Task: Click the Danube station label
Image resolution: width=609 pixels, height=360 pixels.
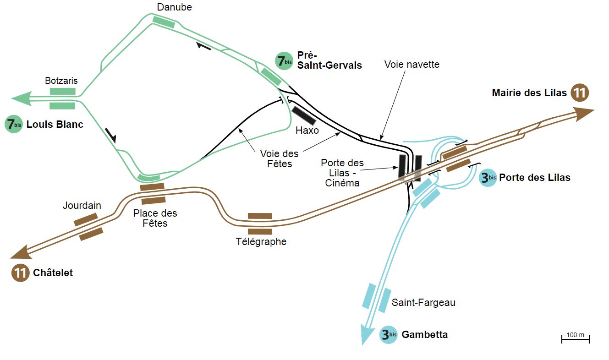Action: point(174,7)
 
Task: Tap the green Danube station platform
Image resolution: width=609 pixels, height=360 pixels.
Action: point(164,22)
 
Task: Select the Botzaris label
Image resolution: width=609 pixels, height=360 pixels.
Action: point(61,81)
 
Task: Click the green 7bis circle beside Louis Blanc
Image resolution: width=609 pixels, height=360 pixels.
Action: point(14,124)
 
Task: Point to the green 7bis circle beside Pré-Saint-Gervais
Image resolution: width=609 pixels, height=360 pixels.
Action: point(284,60)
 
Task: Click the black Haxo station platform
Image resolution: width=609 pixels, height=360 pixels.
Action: point(303,115)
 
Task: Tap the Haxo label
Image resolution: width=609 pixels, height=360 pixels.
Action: point(307,130)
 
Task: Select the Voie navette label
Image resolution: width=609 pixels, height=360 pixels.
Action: point(411,65)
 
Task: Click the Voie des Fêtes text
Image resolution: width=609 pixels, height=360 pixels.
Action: point(280,158)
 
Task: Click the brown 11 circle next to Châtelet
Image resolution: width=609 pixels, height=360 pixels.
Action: point(20,273)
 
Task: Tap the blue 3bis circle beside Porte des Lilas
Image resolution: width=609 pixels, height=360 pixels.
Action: point(488,178)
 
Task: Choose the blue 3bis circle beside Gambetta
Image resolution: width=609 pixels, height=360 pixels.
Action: point(389,335)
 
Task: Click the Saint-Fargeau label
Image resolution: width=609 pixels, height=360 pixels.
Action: point(423,303)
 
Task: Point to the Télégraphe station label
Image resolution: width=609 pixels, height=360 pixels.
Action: point(261,241)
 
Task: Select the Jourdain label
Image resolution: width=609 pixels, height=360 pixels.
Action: point(82,206)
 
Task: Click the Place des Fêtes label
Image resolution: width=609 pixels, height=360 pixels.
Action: point(155,218)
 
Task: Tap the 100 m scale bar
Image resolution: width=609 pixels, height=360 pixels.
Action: point(575,339)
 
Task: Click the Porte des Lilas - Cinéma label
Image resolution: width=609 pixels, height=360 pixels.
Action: point(342,173)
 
